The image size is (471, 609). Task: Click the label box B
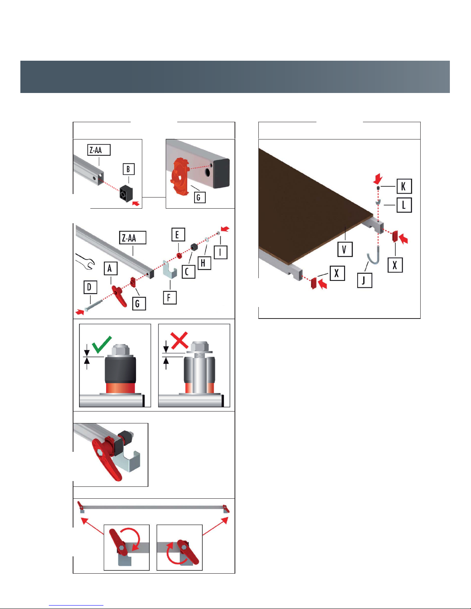click(x=129, y=169)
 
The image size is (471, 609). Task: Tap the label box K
click(x=404, y=186)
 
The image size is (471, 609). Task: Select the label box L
click(x=404, y=205)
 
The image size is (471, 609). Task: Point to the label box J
click(x=365, y=280)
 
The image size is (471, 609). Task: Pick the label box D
click(x=90, y=287)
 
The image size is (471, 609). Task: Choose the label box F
click(x=170, y=298)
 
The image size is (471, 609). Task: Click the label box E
click(x=178, y=235)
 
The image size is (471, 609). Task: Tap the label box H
click(x=205, y=263)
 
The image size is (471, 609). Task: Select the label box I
click(x=221, y=252)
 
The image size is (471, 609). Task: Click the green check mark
click(x=102, y=344)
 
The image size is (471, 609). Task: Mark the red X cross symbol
click(x=179, y=340)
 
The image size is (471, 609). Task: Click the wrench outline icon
click(x=85, y=262)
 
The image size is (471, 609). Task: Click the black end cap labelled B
click(x=126, y=193)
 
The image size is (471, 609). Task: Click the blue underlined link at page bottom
click(x=76, y=605)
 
